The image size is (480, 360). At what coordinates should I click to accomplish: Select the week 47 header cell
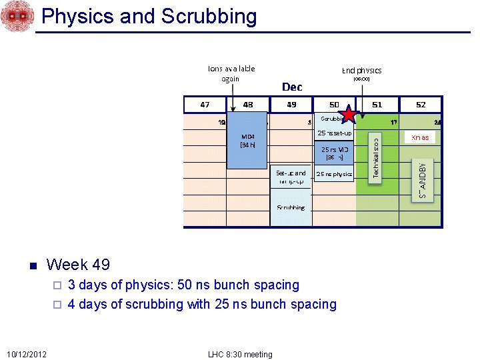click(205, 105)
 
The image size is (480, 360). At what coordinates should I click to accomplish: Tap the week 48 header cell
click(247, 105)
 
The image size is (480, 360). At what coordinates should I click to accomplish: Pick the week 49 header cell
click(291, 105)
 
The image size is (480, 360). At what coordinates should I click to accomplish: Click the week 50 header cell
click(334, 105)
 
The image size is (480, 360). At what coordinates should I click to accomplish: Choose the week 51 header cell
click(377, 105)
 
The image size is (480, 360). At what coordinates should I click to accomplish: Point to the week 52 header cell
click(421, 105)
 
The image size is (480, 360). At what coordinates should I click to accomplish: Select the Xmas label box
click(420, 137)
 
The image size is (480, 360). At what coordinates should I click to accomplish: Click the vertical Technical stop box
click(376, 157)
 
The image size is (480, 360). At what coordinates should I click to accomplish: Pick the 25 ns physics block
click(334, 174)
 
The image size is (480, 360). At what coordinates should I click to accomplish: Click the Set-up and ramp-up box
click(291, 177)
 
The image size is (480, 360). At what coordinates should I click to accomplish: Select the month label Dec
click(292, 87)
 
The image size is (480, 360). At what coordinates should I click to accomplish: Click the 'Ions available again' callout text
click(231, 73)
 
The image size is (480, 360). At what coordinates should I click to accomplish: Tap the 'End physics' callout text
click(361, 71)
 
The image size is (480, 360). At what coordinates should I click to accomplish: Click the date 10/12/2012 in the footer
click(27, 354)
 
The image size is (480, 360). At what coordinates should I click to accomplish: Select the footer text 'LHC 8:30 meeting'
click(239, 354)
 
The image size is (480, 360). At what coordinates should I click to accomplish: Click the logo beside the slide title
click(17, 17)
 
